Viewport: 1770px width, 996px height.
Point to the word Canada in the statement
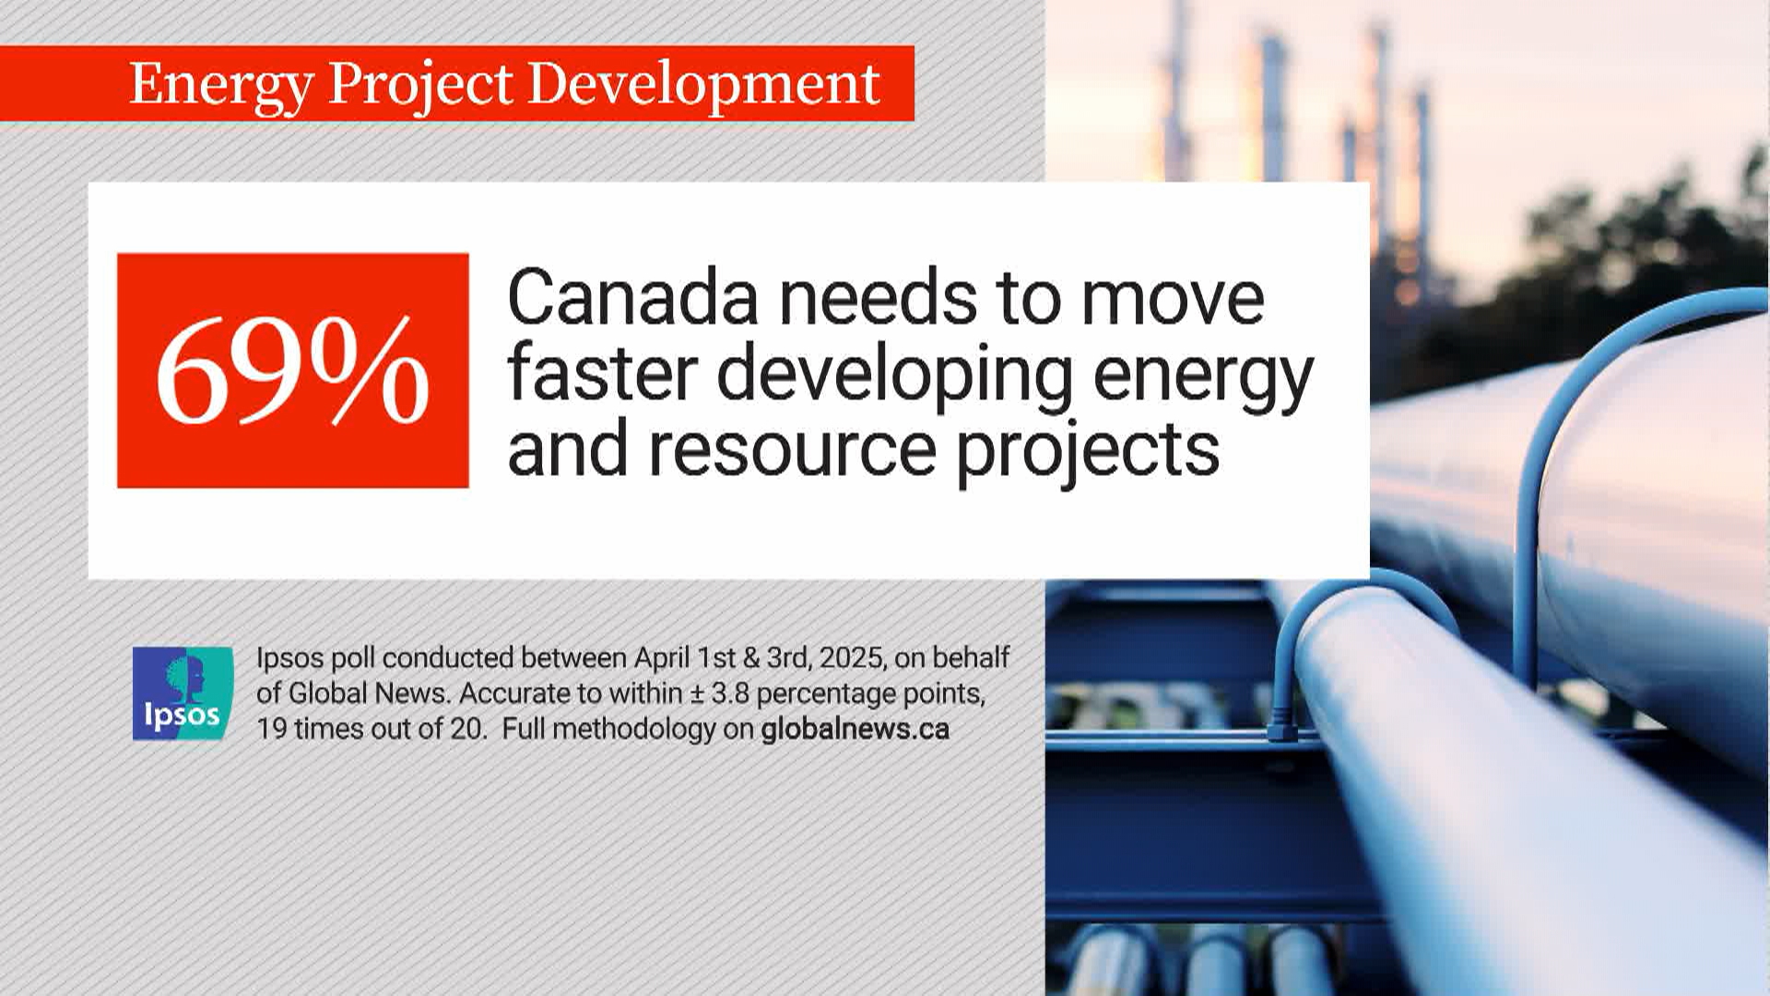pos(632,297)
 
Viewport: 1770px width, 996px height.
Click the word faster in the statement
pos(601,373)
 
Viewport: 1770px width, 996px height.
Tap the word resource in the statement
pos(792,450)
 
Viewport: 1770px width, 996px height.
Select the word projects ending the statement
pos(1088,452)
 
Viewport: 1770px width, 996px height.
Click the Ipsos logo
pos(183,694)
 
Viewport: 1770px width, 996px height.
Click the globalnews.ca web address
pos(855,729)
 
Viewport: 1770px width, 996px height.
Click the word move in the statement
pos(1172,297)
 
